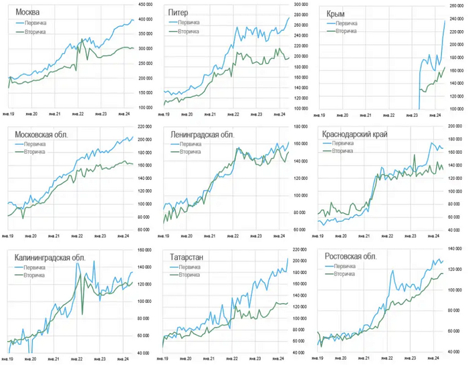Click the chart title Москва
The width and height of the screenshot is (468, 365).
tap(26, 13)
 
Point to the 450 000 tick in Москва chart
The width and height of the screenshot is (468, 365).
tap(146, 5)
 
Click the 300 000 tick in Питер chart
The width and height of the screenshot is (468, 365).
tap(301, 5)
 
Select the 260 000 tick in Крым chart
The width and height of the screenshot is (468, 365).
tap(457, 5)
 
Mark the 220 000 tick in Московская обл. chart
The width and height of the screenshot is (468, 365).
tap(146, 126)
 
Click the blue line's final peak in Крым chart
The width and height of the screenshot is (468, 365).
tap(445, 20)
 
